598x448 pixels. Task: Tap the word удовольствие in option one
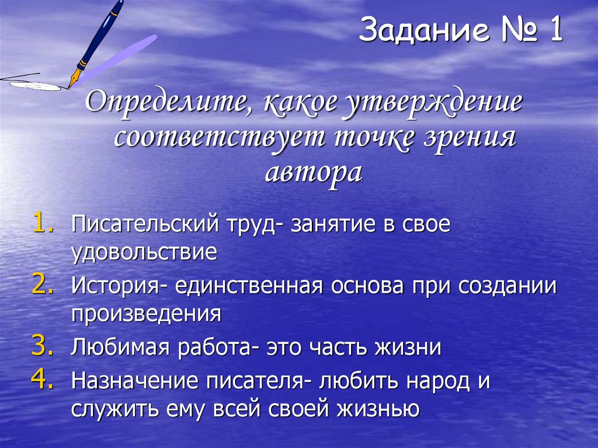(144, 253)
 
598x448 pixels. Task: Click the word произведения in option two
(146, 315)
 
